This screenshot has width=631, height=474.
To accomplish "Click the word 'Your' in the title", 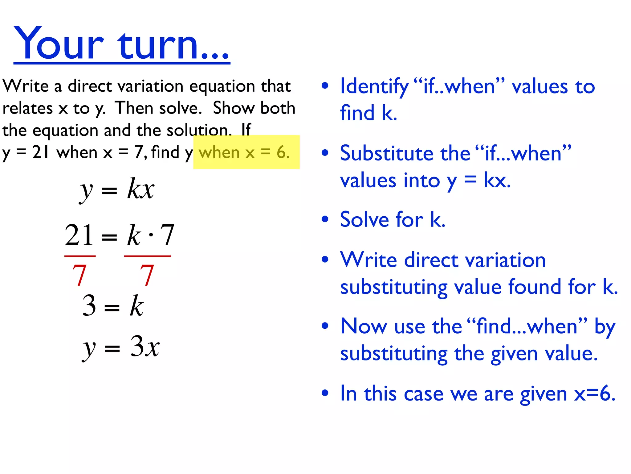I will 59,43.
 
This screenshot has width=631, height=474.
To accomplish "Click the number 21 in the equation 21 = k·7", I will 79,235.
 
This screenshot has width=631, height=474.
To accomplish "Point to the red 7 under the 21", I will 79,275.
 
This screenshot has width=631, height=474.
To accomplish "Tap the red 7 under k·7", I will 147,275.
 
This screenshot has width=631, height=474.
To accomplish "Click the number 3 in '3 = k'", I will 89,306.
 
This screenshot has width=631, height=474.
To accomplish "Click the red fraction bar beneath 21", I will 80,256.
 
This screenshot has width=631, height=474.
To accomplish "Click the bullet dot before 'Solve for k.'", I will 325,219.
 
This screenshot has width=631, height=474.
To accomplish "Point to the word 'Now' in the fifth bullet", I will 364,326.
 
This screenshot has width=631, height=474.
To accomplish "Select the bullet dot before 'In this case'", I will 325,393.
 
